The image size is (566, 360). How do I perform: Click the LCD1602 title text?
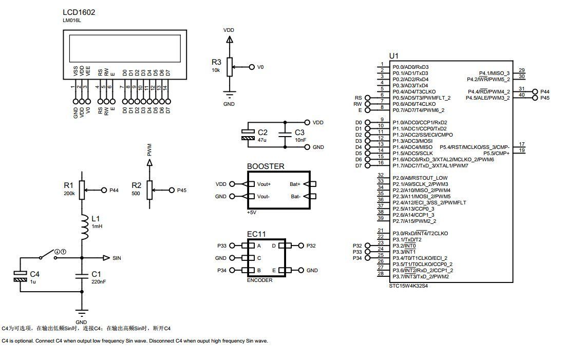point(79,12)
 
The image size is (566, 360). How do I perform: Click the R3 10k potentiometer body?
point(230,67)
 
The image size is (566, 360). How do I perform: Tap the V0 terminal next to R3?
point(252,67)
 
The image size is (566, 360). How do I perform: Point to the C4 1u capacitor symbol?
point(21,276)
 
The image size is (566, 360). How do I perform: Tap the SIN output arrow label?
point(117,258)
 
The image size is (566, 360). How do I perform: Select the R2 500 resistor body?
point(149,190)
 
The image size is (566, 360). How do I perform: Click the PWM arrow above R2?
point(149,162)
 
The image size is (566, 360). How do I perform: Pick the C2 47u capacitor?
point(248,135)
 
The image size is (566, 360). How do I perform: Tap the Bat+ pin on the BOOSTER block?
point(295,184)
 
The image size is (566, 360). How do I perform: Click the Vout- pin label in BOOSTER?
point(263,197)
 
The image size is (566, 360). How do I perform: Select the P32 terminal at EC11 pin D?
point(301,246)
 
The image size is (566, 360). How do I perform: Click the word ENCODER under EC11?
point(260,280)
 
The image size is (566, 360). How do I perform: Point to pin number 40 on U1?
point(522,95)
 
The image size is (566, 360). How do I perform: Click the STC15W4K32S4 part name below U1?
point(409,286)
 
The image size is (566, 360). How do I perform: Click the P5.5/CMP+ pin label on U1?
point(496,154)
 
